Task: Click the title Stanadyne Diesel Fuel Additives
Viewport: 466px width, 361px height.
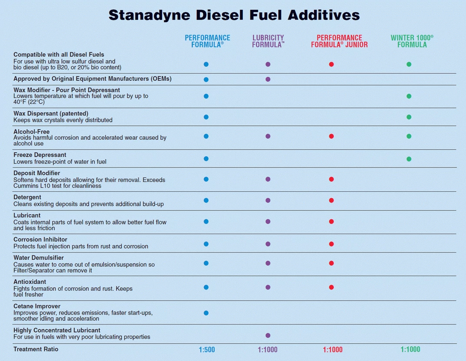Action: pyautogui.click(x=234, y=15)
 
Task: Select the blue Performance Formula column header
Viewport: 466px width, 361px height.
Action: pyautogui.click(x=207, y=41)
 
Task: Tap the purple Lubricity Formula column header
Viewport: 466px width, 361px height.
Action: pyautogui.click(x=268, y=41)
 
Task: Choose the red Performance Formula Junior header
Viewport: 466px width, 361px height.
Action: pyautogui.click(x=339, y=41)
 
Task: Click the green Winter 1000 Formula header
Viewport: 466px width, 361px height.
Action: pyautogui.click(x=412, y=41)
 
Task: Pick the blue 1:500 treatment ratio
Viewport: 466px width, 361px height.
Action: pyautogui.click(x=207, y=349)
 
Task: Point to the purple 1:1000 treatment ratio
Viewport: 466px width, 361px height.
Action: pyautogui.click(x=268, y=349)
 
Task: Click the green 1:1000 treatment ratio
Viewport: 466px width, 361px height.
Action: pyautogui.click(x=410, y=349)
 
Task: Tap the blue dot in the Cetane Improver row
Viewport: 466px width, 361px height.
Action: pyautogui.click(x=206, y=313)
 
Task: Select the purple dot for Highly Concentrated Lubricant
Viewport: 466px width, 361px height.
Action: pyautogui.click(x=268, y=335)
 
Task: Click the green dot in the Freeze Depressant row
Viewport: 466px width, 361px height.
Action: pyautogui.click(x=409, y=159)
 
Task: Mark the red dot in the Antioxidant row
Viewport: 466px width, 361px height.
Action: pyautogui.click(x=331, y=287)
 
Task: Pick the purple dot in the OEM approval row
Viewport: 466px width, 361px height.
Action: pyautogui.click(x=268, y=79)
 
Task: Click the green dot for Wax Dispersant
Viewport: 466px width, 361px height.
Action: pyautogui.click(x=409, y=117)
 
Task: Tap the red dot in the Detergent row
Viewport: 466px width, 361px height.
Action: pyautogui.click(x=331, y=200)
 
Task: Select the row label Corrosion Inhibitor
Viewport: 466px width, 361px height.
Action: pyautogui.click(x=40, y=240)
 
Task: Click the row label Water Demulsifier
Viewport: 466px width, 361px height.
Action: pyautogui.click(x=39, y=258)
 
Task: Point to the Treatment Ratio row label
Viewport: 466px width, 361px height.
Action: pyautogui.click(x=36, y=349)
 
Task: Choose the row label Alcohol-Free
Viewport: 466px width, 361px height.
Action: pyautogui.click(x=31, y=131)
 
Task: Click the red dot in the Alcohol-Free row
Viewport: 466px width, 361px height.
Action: pyautogui.click(x=331, y=136)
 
